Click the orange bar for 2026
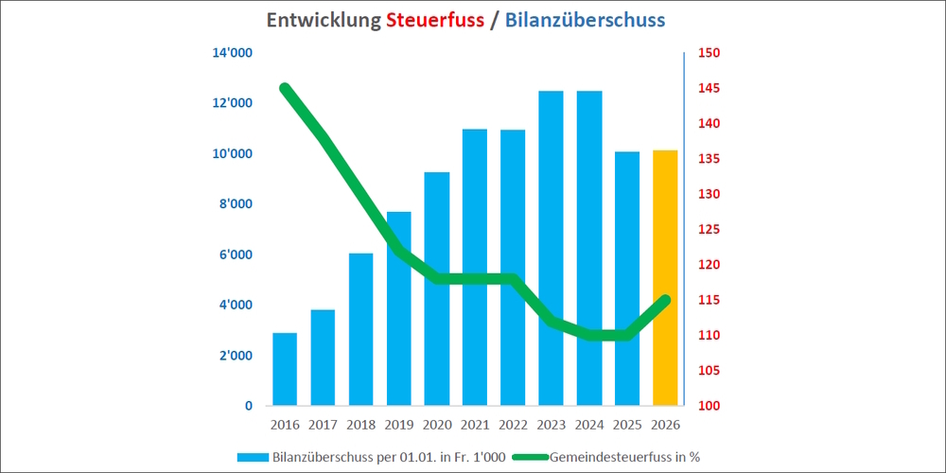[665, 278]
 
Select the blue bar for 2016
[285, 369]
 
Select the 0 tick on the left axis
[248, 406]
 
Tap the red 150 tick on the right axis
[710, 53]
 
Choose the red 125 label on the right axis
[710, 230]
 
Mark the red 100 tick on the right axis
[710, 406]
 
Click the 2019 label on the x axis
[398, 424]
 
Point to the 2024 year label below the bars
[588, 424]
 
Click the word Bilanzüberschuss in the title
[584, 20]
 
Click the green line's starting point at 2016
[285, 88]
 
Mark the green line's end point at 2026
[665, 300]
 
